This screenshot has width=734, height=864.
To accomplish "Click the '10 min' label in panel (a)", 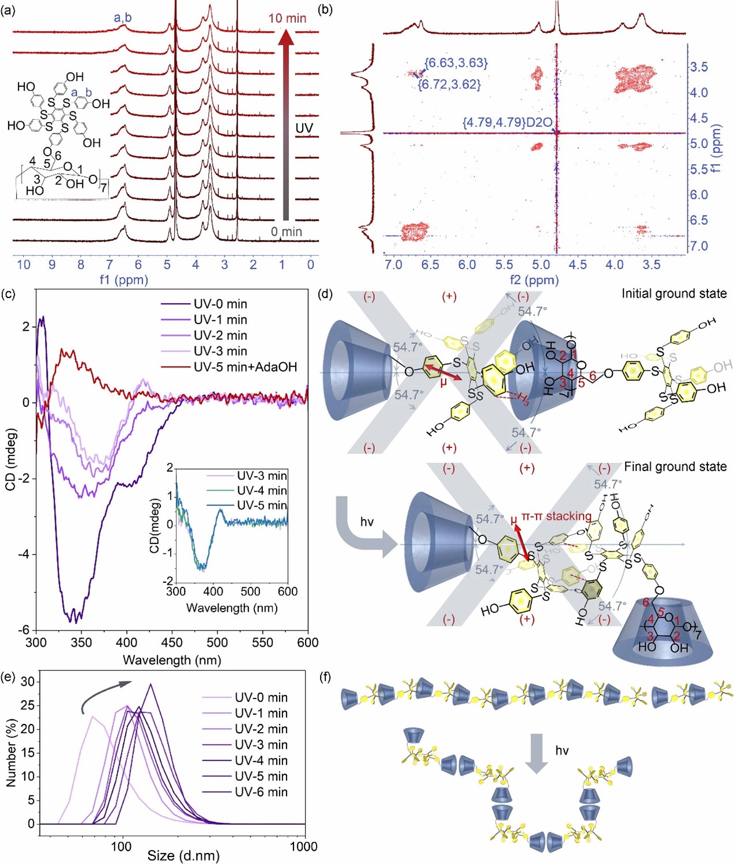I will [287, 18].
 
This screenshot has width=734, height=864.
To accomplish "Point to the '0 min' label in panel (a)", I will [287, 232].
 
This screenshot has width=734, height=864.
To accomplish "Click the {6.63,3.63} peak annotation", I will [456, 63].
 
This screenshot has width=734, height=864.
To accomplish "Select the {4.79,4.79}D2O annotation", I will [507, 123].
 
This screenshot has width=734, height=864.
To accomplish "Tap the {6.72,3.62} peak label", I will [449, 85].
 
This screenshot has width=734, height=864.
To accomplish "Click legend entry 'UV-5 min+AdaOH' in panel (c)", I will [245, 367].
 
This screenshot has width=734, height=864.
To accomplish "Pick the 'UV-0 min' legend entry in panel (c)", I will [220, 304].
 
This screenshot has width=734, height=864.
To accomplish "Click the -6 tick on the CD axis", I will [24, 630].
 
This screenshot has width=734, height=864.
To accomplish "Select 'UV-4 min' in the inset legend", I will [262, 491].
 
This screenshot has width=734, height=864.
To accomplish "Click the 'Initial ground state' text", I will [673, 294].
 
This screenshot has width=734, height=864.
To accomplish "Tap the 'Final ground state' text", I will [675, 467].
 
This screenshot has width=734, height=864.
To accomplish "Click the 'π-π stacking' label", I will [556, 516].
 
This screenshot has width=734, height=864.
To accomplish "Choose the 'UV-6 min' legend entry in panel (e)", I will [261, 792].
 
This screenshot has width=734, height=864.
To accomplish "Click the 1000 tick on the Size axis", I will [303, 846].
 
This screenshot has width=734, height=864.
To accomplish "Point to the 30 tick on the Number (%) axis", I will [27, 682].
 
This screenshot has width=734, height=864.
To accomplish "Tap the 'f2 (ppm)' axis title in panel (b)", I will [534, 280].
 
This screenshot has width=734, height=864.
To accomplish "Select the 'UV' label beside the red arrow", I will [304, 128].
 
